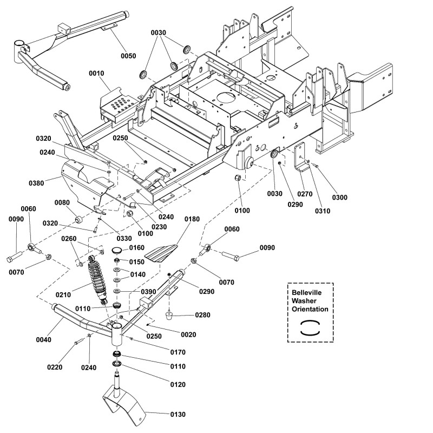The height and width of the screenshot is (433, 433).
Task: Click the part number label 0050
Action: pyautogui.click(x=128, y=56)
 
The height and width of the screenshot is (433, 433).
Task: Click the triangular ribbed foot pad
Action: pyautogui.click(x=164, y=252)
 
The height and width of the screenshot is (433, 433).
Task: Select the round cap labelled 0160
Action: pyautogui.click(x=116, y=250)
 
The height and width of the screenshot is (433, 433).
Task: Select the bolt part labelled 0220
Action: pyautogui.click(x=80, y=340)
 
